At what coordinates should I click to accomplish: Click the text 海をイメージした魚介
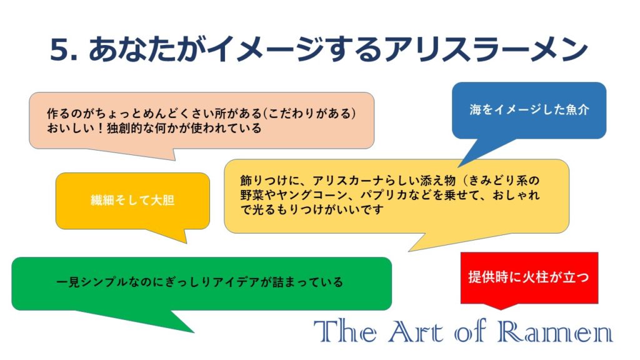pos(529,109)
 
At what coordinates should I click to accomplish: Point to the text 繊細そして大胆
pos(132,200)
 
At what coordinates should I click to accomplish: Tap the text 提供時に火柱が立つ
pos(529,277)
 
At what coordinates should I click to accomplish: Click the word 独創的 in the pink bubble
pos(124,127)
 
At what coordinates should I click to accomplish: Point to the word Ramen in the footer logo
pos(555,331)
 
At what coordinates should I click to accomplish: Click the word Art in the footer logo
pos(416,331)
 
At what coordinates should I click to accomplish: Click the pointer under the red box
pos(501,306)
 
